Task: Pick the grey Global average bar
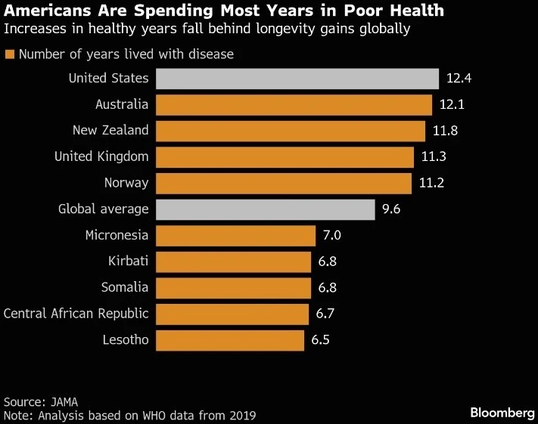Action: click(265, 209)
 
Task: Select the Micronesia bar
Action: click(235, 236)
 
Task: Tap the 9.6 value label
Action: click(391, 209)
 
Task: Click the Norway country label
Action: click(126, 183)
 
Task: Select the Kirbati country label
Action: click(128, 262)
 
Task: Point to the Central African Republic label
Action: click(76, 314)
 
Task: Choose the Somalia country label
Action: click(125, 288)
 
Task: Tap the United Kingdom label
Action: click(101, 157)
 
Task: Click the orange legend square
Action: click(9, 54)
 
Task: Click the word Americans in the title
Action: click(46, 11)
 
